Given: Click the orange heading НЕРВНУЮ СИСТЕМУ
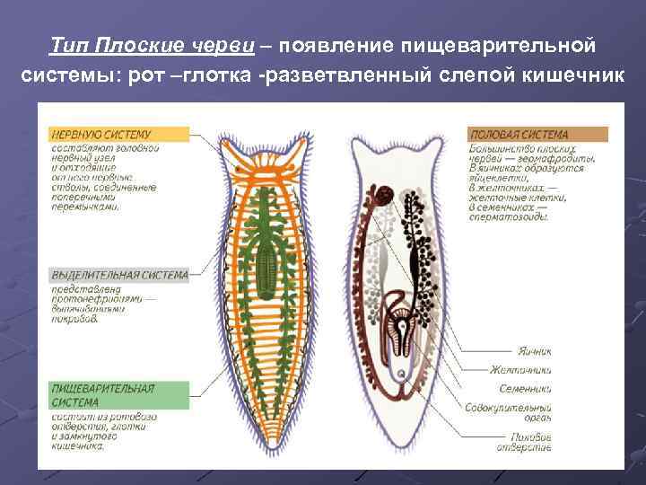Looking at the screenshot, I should (x=100, y=134).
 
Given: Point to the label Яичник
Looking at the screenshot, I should (x=532, y=351).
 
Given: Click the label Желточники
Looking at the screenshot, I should (x=525, y=370).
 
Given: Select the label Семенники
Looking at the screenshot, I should (x=527, y=389).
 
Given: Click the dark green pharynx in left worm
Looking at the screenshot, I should (x=266, y=265).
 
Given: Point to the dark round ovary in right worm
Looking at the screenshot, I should (x=385, y=193).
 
